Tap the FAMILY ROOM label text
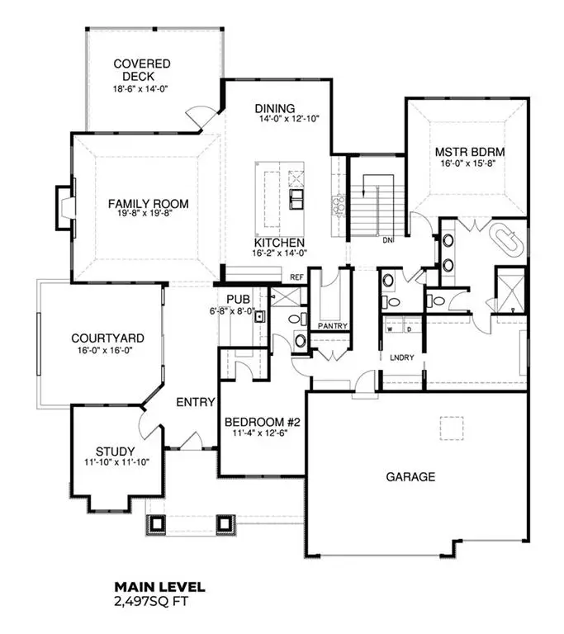148,204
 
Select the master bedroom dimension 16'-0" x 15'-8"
470,163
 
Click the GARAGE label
410,476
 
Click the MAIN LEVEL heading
159,587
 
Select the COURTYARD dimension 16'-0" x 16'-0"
107,350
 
